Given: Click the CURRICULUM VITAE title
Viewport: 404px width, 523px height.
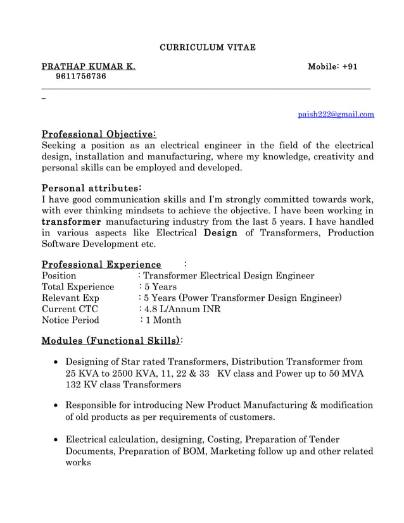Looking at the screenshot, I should (207, 47).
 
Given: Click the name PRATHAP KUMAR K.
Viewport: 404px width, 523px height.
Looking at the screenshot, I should (88, 66).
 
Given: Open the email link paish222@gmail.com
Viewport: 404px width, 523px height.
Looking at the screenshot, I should (336, 115).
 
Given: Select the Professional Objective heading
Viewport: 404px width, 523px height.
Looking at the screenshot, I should (99, 134).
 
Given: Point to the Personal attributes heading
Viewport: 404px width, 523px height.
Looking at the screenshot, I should (91, 189).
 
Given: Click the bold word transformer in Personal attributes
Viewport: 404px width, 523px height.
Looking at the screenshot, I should (72, 222).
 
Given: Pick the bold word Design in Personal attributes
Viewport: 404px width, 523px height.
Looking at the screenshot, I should (220, 233).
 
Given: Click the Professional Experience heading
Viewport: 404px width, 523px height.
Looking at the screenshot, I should (101, 264).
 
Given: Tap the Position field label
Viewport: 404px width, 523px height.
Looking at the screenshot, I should (59, 276).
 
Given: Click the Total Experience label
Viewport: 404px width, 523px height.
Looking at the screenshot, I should (77, 287).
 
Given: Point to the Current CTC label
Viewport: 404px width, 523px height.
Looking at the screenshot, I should (70, 310).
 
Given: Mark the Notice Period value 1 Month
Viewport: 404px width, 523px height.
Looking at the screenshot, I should (161, 321).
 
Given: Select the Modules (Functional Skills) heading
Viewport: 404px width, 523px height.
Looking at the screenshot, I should (111, 341).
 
